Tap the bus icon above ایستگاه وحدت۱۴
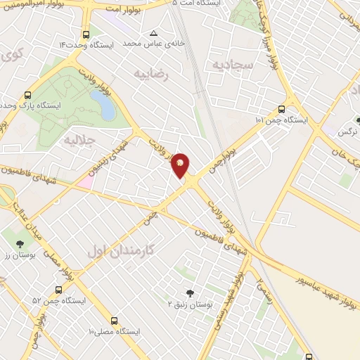tap(86, 34)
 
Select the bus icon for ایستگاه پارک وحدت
tap(28, 94)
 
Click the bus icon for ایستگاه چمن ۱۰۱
tap(281, 109)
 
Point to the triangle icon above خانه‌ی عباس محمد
tap(153, 32)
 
